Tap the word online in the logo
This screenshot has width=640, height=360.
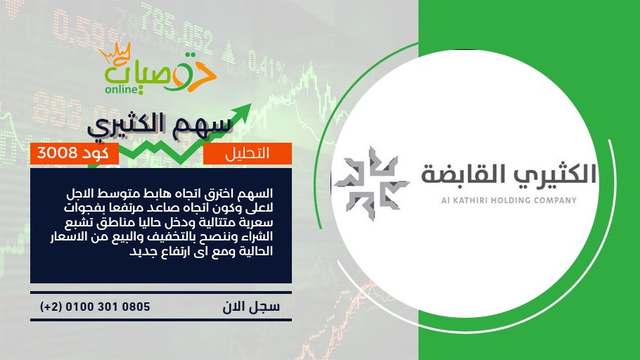click(x=121, y=89)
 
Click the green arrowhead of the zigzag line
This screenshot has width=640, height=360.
click(x=243, y=111)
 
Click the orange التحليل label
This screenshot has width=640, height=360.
click(x=248, y=153)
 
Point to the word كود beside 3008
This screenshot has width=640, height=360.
click(x=95, y=153)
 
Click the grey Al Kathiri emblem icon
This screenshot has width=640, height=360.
click(x=371, y=184)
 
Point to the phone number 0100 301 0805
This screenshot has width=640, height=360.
click(x=108, y=307)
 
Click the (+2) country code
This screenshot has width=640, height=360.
click(x=51, y=307)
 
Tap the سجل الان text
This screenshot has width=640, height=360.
click(x=251, y=307)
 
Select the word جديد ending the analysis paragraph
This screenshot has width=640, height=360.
click(x=141, y=252)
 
